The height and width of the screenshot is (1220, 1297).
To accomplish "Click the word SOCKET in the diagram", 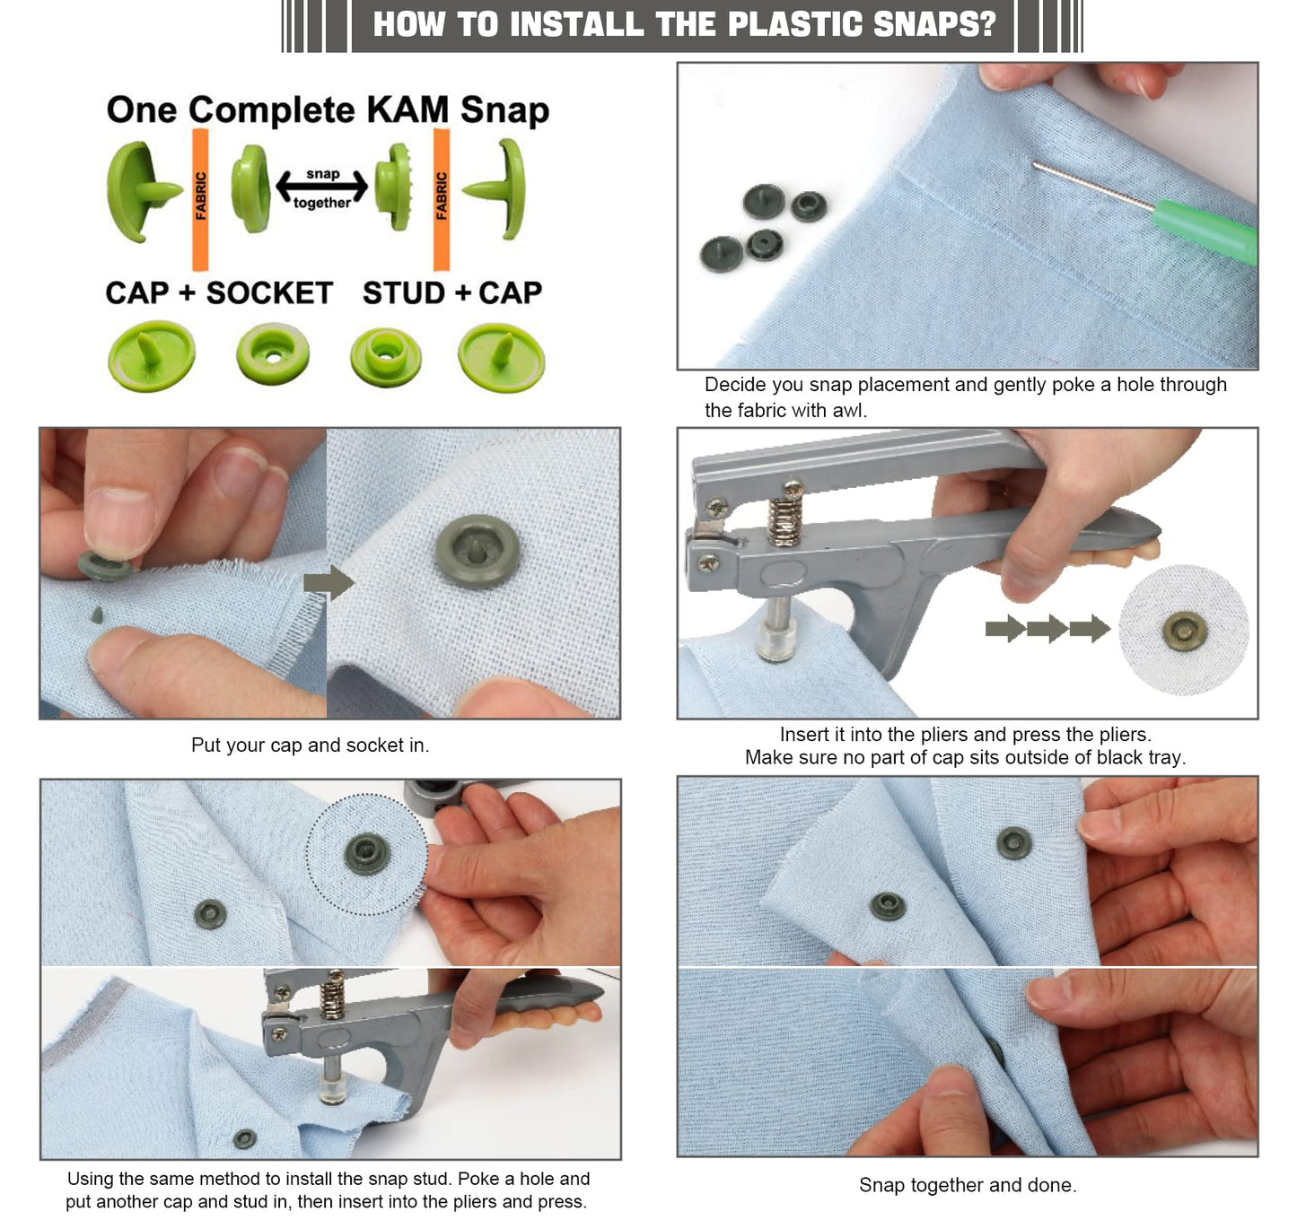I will (269, 293).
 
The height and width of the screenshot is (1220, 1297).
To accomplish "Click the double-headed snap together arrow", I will (321, 187).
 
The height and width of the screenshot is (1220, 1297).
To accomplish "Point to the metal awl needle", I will (1091, 187).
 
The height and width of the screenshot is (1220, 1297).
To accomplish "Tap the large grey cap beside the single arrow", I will (478, 551).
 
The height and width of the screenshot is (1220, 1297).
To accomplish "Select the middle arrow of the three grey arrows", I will (1047, 628).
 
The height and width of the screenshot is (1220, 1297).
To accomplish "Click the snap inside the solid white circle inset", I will (1185, 631).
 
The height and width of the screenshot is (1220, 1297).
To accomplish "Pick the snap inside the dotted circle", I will (367, 853).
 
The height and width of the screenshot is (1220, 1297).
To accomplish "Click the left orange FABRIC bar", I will (200, 199).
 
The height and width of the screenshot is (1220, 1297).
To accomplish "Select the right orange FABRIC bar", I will (441, 199).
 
